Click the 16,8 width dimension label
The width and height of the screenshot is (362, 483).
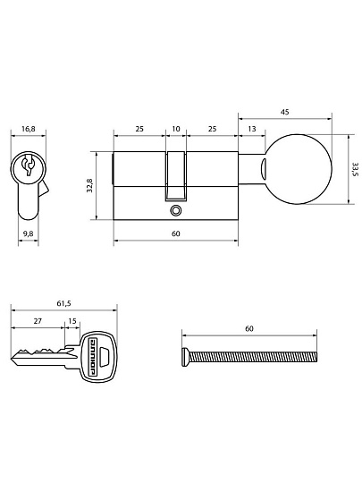tap(28, 129)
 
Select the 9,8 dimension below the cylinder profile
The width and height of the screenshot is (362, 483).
tap(28, 233)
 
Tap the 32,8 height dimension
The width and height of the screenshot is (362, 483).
tap(89, 185)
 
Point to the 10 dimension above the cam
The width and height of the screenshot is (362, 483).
tap(176, 129)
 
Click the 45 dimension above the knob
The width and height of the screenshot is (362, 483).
tap(285, 112)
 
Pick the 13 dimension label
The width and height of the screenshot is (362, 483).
tap(252, 129)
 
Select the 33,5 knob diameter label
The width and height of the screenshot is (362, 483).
tap(355, 169)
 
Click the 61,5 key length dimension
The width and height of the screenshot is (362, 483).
tap(63, 303)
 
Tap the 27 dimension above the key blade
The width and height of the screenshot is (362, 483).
tap(38, 321)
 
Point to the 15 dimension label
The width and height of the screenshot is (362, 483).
tap(72, 321)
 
